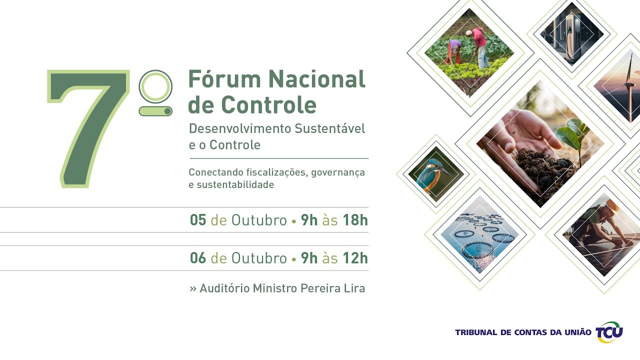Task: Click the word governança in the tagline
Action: pyautogui.click(x=338, y=172)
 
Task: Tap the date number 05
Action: pyautogui.click(x=198, y=220)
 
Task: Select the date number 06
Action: pyautogui.click(x=198, y=258)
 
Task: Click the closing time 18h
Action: pyautogui.click(x=355, y=220)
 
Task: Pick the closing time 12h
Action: pyautogui.click(x=355, y=258)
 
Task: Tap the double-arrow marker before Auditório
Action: pyautogui.click(x=193, y=289)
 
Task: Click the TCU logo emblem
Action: pyautogui.click(x=609, y=332)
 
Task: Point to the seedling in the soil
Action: pyautogui.click(x=572, y=135)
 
